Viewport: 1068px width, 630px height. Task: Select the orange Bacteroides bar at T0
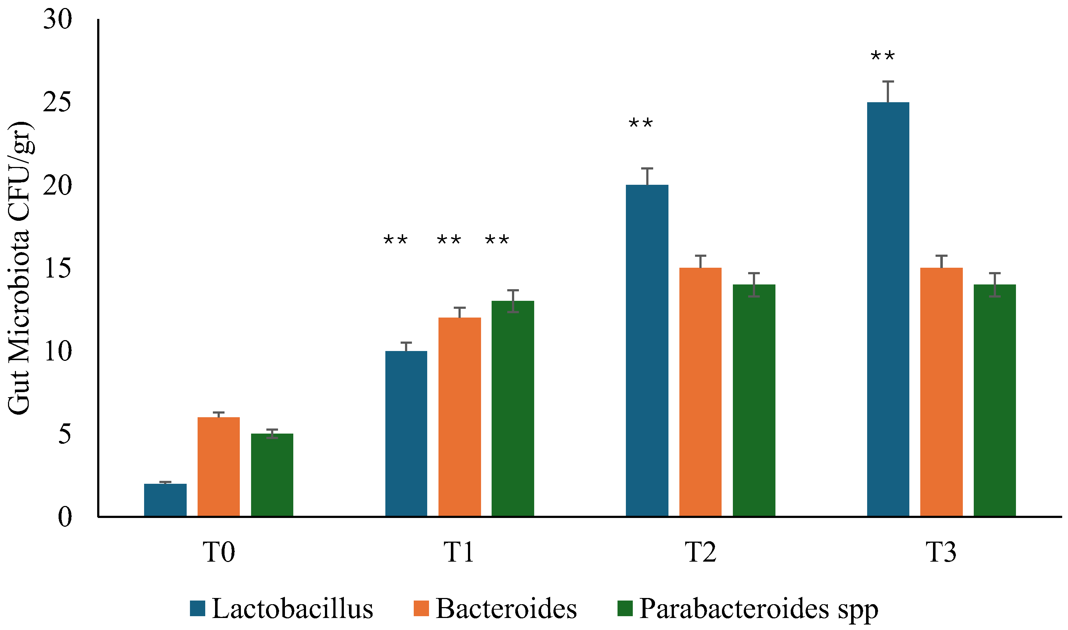[219, 467]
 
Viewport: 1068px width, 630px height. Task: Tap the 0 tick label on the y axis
[64, 517]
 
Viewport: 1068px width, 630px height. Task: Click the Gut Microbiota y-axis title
[19, 267]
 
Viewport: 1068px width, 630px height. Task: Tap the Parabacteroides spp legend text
[758, 610]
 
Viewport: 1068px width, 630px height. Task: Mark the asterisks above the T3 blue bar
[883, 56]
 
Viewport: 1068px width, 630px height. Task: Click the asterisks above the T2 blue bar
[641, 124]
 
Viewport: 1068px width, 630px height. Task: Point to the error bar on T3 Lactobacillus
[888, 91]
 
